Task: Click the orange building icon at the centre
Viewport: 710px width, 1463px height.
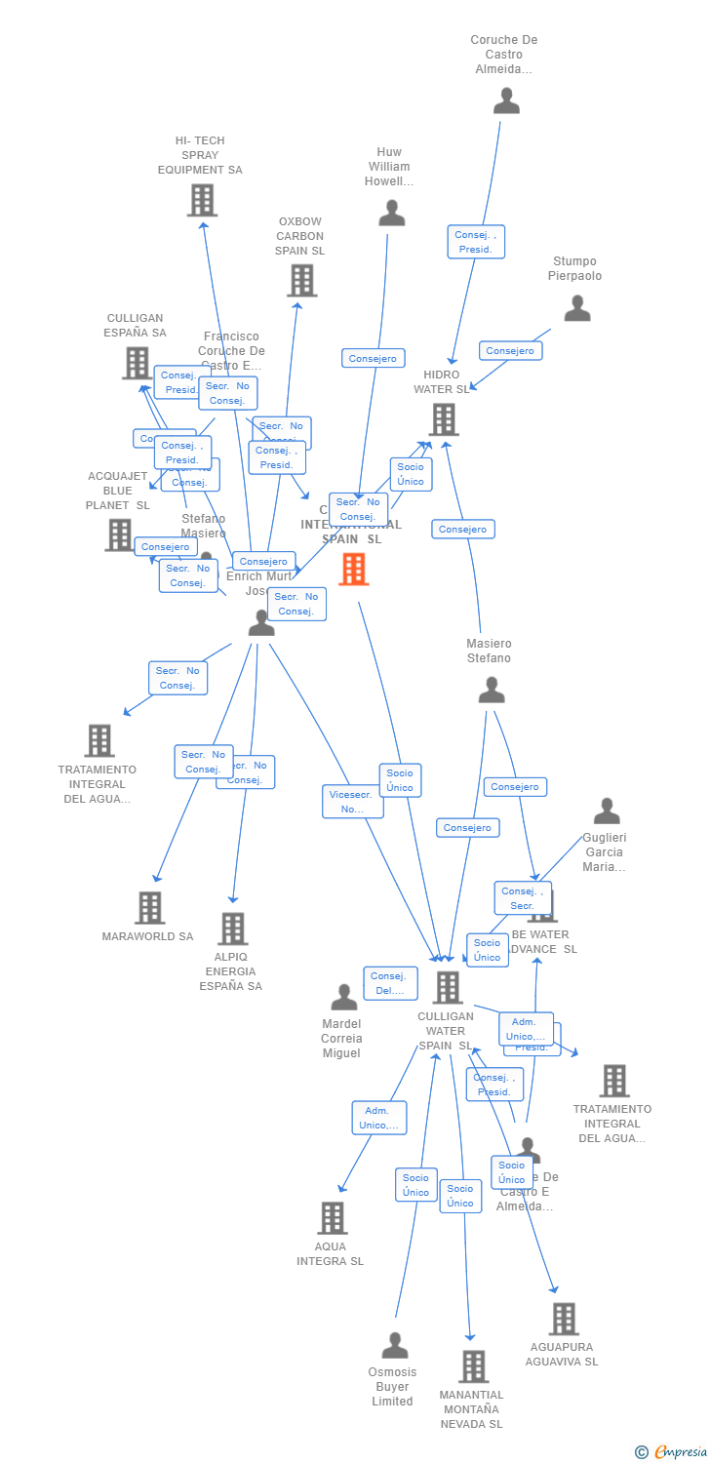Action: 354,570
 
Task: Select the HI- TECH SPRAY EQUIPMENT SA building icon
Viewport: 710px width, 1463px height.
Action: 202,201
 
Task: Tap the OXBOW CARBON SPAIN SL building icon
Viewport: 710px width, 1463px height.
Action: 301,281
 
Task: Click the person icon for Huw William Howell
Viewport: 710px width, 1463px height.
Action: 392,214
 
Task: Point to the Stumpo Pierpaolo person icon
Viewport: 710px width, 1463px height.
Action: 577,309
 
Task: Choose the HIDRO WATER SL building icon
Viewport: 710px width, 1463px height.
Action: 444,419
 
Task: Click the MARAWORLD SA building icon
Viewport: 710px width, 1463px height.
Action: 149,908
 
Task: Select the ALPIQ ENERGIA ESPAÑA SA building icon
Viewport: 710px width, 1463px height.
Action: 232,929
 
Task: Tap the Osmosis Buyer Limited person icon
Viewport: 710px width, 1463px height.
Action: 395,1346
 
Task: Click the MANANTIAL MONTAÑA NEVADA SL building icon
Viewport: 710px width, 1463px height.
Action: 473,1366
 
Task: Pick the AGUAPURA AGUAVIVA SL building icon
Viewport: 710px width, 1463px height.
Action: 564,1319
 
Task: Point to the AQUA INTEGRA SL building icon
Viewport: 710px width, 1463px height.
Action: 333,1218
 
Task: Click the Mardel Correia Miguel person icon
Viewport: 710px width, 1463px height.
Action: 344,997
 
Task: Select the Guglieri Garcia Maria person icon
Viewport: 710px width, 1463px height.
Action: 607,811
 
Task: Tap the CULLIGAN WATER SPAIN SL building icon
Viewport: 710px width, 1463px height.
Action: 448,987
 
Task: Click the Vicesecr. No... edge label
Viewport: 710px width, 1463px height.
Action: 353,802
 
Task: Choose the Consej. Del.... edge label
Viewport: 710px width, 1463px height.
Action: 391,983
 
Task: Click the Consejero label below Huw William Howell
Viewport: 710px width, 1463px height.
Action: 374,359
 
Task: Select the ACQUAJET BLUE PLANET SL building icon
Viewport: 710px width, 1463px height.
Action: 119,534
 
